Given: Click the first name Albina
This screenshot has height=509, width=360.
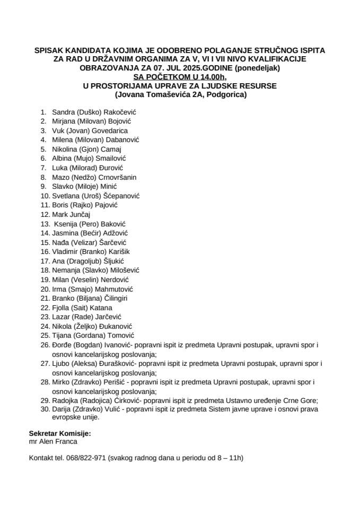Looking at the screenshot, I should (x=62, y=158).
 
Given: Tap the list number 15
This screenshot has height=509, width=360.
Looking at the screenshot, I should (x=44, y=242).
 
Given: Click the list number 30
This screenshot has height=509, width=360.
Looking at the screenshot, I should (x=44, y=410).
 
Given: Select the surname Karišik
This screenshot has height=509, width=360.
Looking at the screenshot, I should (x=118, y=251).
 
